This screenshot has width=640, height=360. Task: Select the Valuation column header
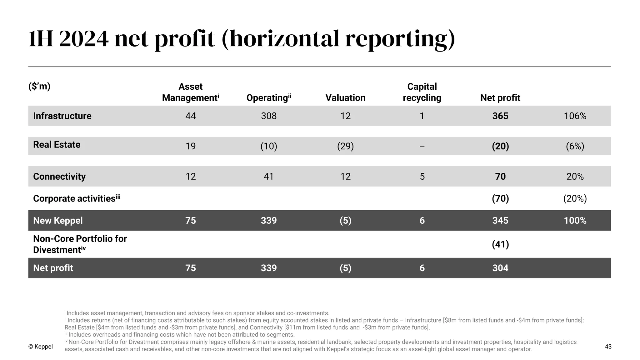(x=345, y=98)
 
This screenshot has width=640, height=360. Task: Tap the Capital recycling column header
(x=422, y=92)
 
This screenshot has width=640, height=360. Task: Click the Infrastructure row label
(x=62, y=116)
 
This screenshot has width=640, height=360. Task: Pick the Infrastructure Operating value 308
(x=269, y=116)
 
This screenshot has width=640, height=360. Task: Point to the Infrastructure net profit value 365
(x=500, y=116)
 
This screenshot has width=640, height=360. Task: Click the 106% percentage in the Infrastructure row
(x=575, y=116)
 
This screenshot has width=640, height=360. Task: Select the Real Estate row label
(x=57, y=145)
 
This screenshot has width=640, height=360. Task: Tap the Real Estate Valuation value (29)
(x=345, y=146)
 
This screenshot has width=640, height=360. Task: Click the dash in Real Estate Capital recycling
(x=422, y=146)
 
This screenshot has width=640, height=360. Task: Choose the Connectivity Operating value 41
(x=269, y=177)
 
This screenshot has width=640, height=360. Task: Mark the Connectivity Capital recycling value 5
(x=422, y=177)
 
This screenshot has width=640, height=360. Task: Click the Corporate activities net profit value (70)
(x=500, y=199)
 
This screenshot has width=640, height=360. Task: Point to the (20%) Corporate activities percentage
(x=575, y=199)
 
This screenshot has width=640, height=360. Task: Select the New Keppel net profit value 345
(x=500, y=221)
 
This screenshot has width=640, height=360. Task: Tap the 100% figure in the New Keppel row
(x=575, y=221)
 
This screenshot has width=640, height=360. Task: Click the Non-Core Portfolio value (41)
(x=500, y=244)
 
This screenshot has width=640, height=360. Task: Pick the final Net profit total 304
(x=500, y=268)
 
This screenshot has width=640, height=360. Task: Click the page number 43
(x=608, y=347)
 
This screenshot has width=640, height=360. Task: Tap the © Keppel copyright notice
(x=41, y=347)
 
